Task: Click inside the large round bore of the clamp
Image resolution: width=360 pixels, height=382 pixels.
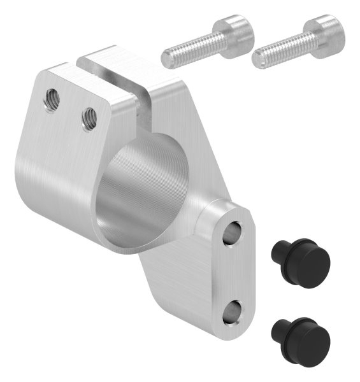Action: pos(137,191)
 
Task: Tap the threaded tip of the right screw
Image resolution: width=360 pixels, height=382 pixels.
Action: pos(259,59)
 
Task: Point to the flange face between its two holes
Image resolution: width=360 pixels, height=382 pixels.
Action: pos(236,272)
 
